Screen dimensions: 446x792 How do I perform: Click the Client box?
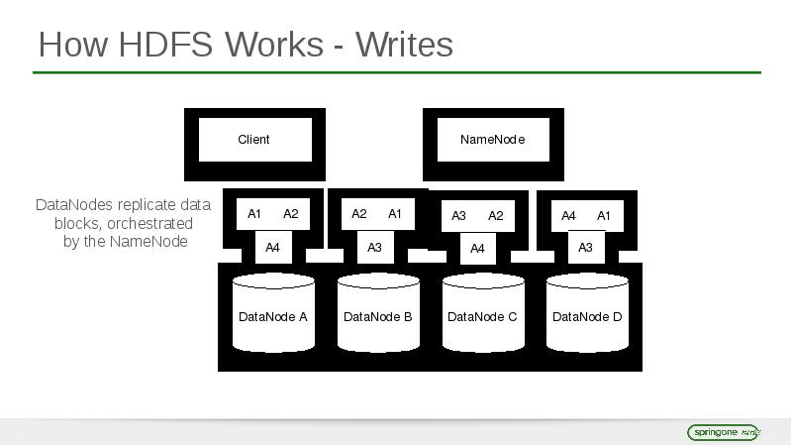coord(254,140)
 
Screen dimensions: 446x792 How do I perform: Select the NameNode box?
coord(492,140)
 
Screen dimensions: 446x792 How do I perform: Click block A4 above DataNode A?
coord(273,247)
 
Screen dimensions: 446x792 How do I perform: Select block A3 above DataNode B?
coord(374,247)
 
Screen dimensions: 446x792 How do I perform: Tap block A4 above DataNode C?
coord(478,248)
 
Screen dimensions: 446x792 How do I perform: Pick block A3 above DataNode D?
coord(585,247)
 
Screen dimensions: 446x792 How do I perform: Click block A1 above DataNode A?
coord(254,214)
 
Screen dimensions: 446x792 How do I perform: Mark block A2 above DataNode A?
coord(290,214)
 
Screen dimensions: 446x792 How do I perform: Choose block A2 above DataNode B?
coord(359,214)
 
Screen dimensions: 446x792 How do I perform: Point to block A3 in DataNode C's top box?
coord(458,216)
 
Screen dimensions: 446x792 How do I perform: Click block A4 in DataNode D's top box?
coord(568,216)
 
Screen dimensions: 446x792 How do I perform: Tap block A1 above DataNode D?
coord(604,216)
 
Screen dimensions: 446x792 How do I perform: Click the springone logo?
coord(723,432)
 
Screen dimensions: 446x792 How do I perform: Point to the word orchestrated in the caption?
coord(149,223)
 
